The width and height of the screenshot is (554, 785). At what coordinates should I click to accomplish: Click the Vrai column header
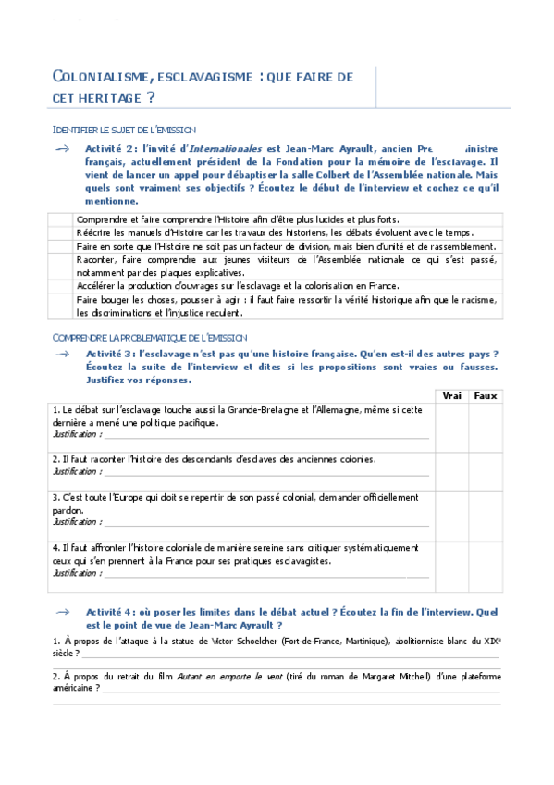coord(452,395)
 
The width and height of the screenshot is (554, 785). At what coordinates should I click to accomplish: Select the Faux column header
coord(485,395)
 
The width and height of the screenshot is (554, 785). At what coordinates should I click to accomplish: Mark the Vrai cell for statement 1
coord(452,423)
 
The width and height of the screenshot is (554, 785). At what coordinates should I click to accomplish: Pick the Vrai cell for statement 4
coord(452,560)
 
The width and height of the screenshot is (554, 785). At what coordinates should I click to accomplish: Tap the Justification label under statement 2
coord(77,471)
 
